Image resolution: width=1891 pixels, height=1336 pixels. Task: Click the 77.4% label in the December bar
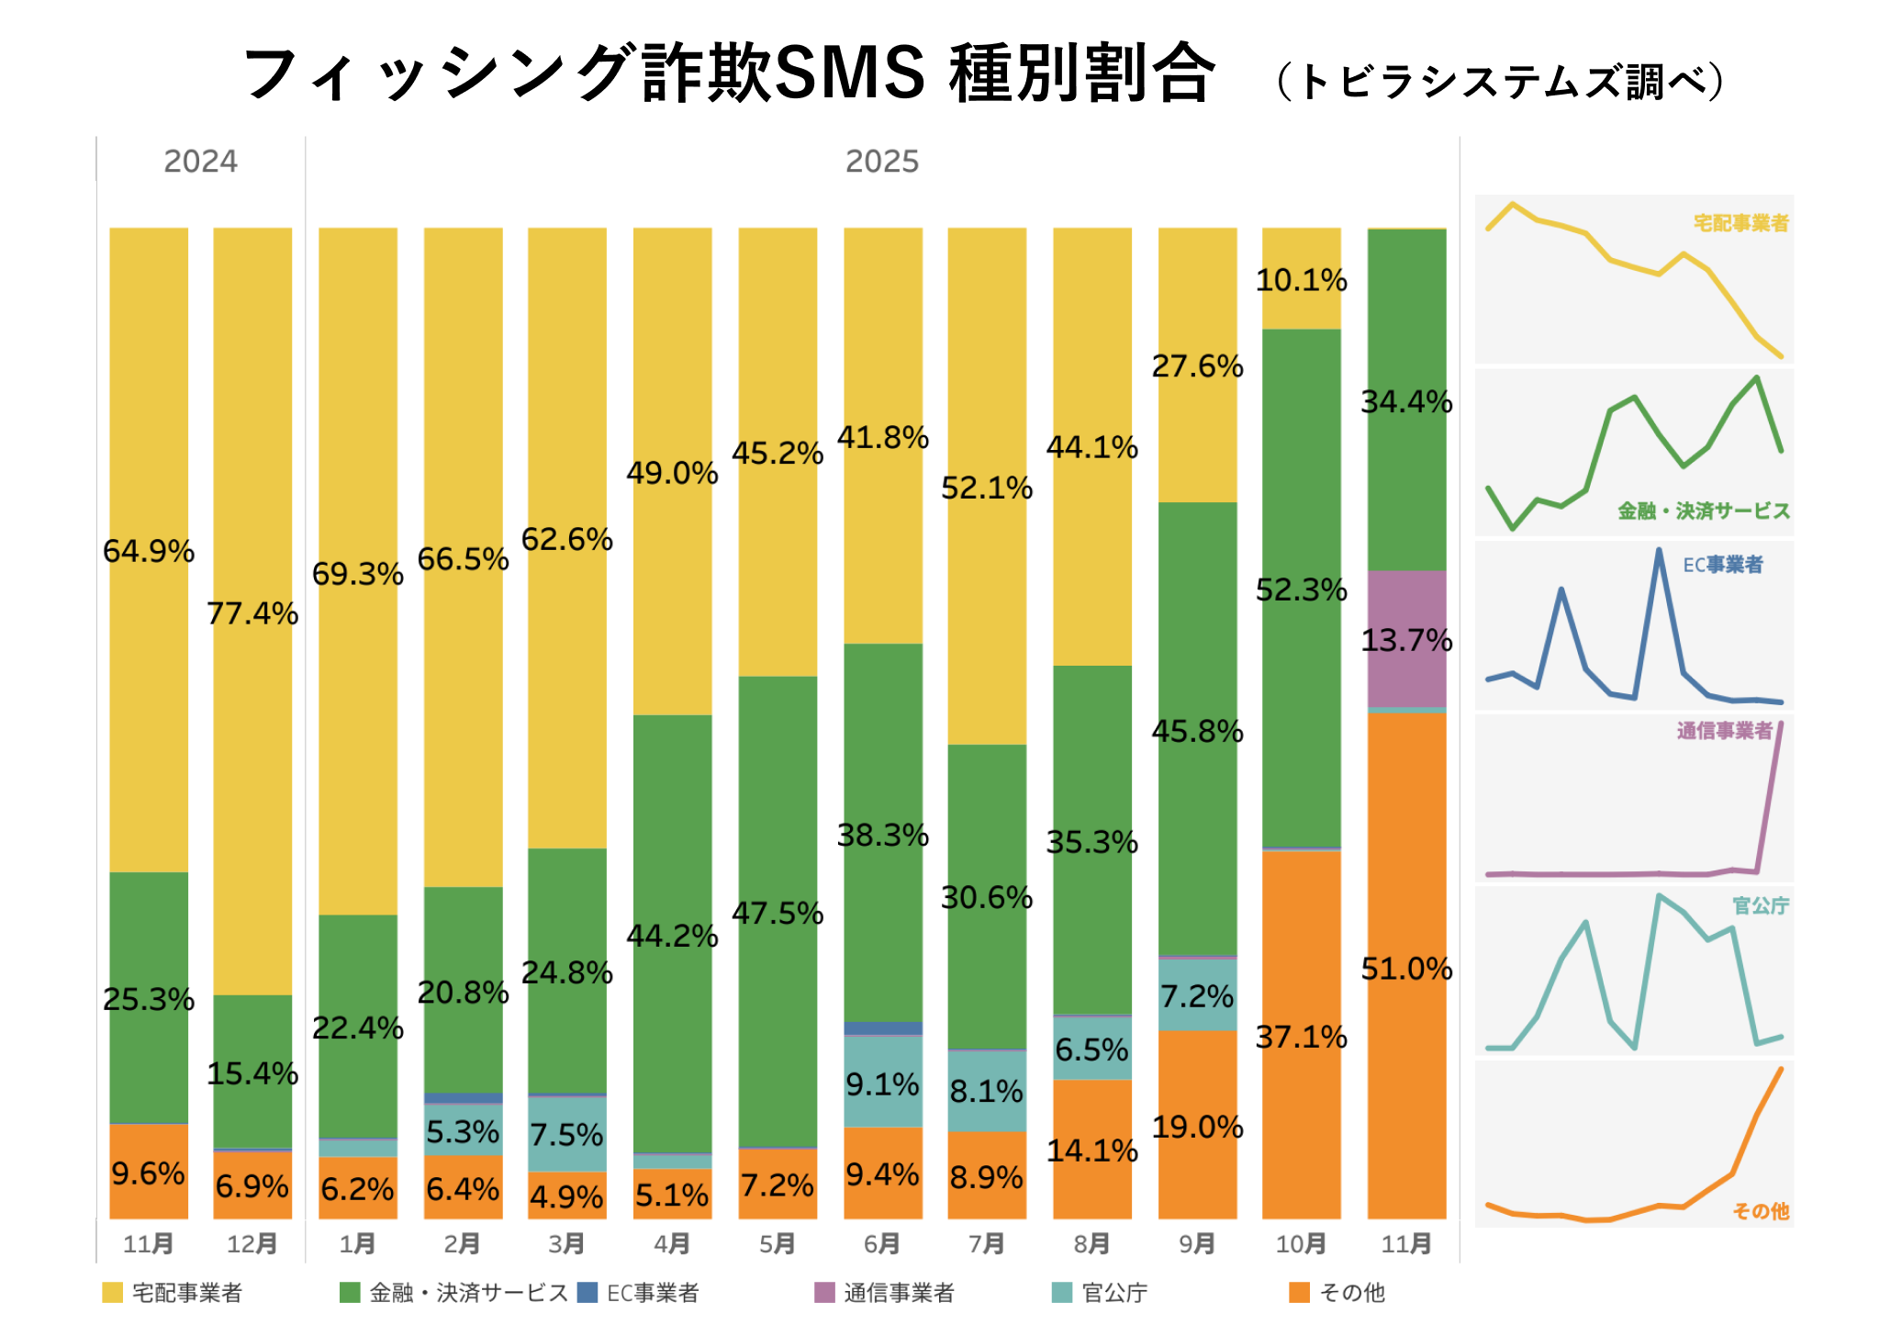tap(252, 613)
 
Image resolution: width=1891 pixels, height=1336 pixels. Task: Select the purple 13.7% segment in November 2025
tap(1406, 640)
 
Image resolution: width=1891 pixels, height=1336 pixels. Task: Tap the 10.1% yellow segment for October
tap(1301, 280)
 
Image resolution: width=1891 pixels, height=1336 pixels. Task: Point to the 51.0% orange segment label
tap(1406, 969)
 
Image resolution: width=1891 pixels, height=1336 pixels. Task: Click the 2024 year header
tap(200, 162)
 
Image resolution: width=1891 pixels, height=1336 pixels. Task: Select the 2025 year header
tap(881, 162)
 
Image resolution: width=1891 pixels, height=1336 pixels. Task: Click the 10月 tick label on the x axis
tap(1301, 1244)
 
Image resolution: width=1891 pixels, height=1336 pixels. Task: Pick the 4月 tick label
tap(672, 1244)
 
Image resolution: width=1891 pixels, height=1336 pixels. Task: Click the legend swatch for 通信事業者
tap(824, 1293)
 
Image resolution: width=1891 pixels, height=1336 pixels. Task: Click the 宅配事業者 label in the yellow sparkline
tap(1740, 223)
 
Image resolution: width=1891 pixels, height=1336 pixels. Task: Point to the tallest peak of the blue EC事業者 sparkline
tap(1659, 551)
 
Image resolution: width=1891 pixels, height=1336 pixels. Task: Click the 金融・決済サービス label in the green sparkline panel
tap(1703, 511)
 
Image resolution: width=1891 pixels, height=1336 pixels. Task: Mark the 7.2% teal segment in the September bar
tap(1197, 996)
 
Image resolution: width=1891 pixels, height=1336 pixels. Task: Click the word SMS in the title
tap(849, 73)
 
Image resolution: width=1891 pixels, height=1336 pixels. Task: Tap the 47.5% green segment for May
tap(778, 914)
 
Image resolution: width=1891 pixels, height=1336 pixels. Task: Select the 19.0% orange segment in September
tap(1197, 1128)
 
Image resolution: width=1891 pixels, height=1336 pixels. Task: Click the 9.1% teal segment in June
tap(882, 1084)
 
